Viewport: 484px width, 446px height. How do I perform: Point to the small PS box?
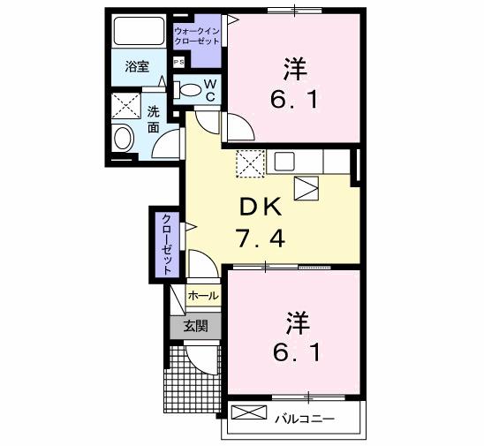point(178,62)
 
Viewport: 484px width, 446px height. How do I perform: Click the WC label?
point(211,88)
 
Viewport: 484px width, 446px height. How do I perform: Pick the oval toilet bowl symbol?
point(189,88)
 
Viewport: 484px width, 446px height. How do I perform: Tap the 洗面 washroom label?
point(154,119)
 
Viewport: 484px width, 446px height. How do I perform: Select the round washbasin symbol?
point(123,138)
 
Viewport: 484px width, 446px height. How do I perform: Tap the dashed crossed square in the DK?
point(251,163)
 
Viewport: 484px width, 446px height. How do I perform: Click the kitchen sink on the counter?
point(284,161)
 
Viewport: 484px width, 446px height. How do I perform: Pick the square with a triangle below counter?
point(306,187)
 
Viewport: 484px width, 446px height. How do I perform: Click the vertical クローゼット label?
point(165,243)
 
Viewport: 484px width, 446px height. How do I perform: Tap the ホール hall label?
point(202,296)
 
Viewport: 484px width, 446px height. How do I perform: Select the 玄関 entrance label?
point(195,325)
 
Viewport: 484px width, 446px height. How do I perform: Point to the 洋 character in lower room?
point(297,321)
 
